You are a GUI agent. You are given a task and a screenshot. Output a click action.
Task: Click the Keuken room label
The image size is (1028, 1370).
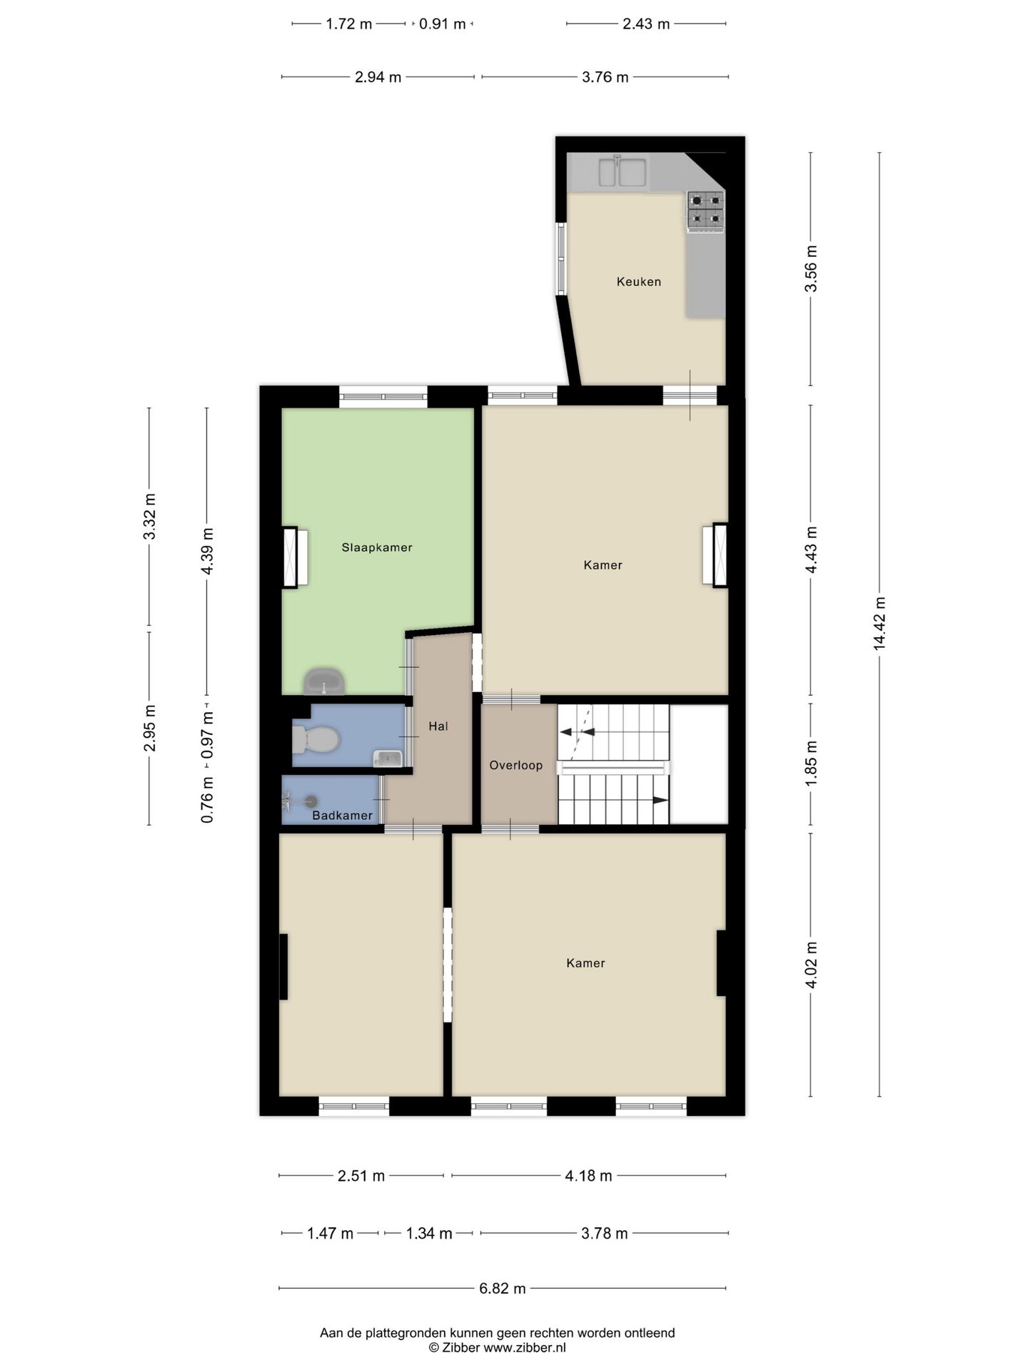[x=638, y=282]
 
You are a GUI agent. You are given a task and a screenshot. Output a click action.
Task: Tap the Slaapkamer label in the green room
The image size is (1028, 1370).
[x=376, y=548]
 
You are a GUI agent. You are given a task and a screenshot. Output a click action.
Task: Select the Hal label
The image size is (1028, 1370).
[x=438, y=726]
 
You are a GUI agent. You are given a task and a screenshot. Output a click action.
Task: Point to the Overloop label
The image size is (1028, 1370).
[x=515, y=766]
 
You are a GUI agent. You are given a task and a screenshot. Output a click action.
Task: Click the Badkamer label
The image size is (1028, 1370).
[x=342, y=816]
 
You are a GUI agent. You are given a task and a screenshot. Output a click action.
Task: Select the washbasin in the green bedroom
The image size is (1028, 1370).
[x=325, y=682]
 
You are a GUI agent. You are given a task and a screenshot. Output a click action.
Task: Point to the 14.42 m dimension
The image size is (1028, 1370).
[x=880, y=624]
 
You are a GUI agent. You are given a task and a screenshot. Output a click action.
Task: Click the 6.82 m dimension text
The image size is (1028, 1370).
[x=503, y=1289]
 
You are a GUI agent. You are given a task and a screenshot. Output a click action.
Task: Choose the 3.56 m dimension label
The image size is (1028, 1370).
[x=811, y=268]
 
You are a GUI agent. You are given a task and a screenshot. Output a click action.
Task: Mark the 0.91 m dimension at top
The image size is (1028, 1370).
[x=442, y=24]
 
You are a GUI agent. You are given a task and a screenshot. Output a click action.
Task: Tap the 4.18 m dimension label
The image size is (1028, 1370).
[x=588, y=1176]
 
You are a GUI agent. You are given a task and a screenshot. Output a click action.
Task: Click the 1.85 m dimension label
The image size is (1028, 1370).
[x=811, y=763]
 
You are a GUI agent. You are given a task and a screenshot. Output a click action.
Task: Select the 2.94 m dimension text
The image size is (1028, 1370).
[x=378, y=77]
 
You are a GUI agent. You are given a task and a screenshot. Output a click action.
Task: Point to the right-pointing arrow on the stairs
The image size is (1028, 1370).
[x=660, y=801]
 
